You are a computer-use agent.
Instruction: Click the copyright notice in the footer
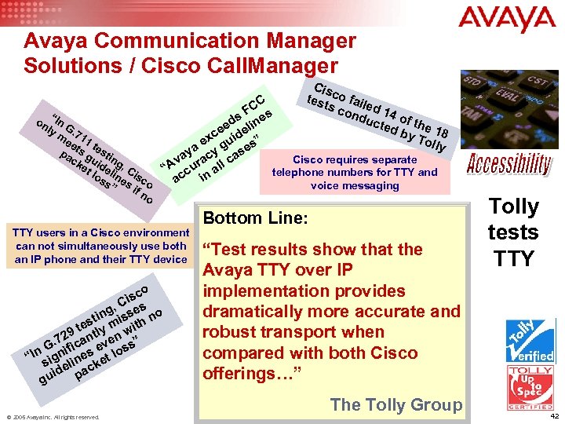(x=54, y=417)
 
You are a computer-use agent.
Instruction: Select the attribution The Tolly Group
(x=396, y=404)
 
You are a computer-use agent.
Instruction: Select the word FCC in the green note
(x=255, y=104)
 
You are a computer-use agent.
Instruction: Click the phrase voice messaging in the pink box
(x=355, y=186)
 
